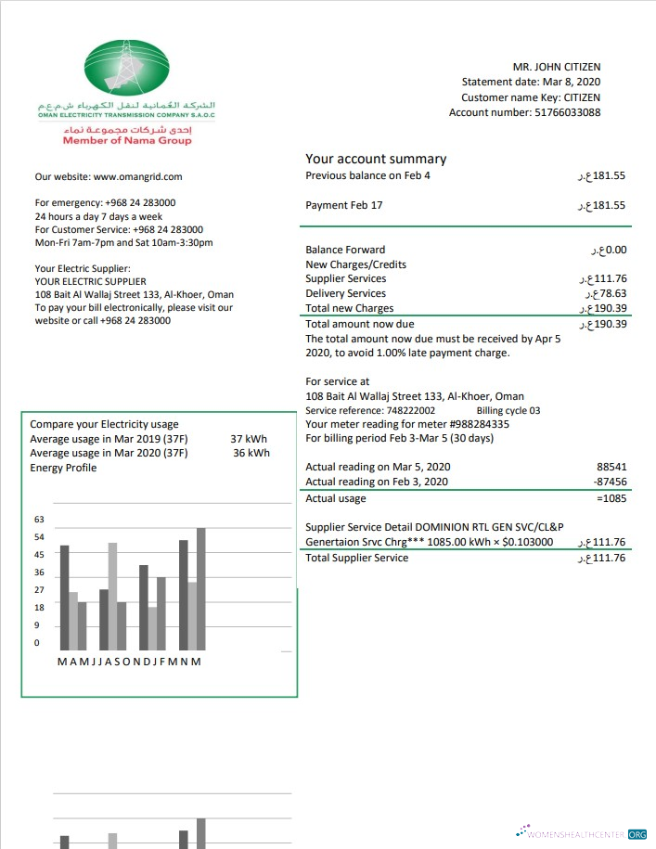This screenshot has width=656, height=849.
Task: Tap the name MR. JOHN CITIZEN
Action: tap(556, 67)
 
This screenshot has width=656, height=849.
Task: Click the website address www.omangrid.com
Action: tap(137, 176)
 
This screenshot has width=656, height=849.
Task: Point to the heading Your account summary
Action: tap(376, 159)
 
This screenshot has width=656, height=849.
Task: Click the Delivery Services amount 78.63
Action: tap(608, 293)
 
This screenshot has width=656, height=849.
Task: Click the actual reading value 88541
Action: tap(611, 467)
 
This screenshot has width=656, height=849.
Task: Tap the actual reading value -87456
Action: tap(610, 482)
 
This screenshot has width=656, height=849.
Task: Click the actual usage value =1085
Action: tap(610, 499)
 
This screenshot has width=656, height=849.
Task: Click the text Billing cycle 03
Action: tap(508, 410)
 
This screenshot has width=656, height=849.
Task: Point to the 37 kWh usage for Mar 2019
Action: tap(249, 439)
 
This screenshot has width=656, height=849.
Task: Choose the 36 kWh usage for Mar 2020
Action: tap(251, 453)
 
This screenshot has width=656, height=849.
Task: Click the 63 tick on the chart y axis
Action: tap(39, 520)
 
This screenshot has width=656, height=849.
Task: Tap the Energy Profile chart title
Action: tap(63, 468)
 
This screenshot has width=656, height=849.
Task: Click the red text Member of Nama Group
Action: tap(127, 140)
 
